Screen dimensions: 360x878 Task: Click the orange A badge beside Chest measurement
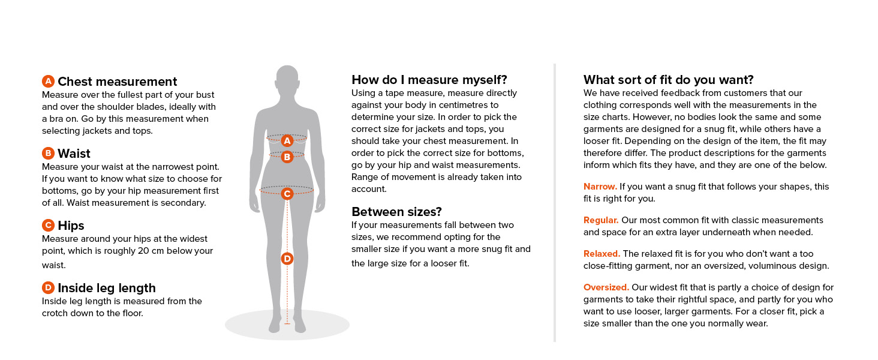49,82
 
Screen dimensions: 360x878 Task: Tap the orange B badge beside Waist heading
49,153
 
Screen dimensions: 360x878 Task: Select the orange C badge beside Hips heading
49,226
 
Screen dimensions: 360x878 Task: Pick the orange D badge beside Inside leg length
49,288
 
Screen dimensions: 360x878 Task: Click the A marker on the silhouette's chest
287,140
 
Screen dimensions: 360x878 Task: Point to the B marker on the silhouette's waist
287,157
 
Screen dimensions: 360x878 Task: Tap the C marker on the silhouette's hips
287,193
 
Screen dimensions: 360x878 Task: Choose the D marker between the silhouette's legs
287,259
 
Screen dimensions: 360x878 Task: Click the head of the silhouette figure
287,81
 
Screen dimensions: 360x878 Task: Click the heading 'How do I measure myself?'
429,80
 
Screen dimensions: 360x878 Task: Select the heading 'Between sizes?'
396,212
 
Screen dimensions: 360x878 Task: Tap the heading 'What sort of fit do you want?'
668,80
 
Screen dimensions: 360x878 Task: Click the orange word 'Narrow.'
600,187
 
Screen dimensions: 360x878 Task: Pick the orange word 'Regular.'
601,220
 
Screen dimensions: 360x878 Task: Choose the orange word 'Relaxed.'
602,254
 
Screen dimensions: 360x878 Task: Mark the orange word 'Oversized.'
606,287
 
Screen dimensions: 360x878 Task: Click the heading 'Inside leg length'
107,288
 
